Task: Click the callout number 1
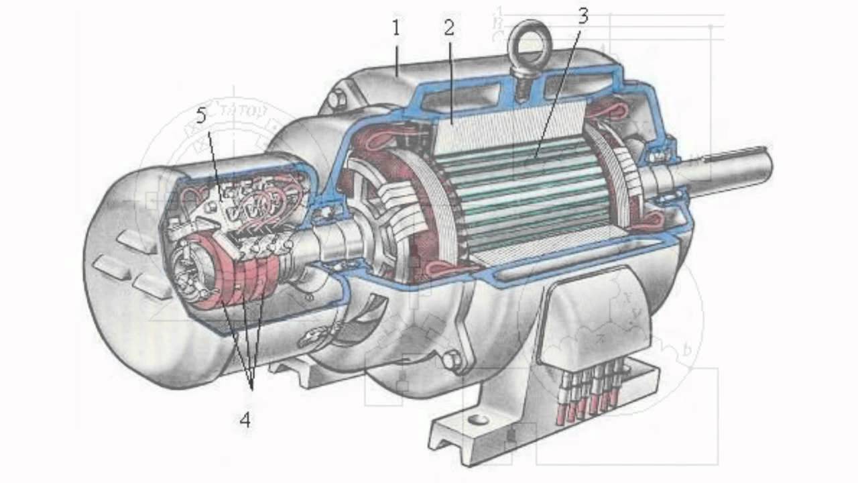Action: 396,29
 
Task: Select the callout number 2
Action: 448,29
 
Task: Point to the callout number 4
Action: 245,420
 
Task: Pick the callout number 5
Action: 202,116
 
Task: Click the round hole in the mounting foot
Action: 477,420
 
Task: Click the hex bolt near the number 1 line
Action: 337,102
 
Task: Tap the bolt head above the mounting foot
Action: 450,362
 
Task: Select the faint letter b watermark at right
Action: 687,351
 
